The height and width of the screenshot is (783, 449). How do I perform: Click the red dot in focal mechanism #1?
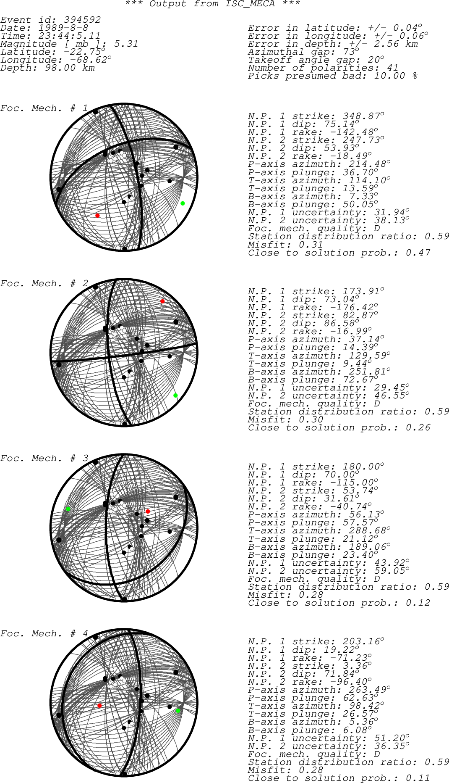97,215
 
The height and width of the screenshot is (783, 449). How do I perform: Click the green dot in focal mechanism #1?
183,203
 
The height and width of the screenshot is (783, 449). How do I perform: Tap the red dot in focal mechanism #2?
162,301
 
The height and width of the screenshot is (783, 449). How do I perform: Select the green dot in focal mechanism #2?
175,395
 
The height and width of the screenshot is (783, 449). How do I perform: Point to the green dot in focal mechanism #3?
68,509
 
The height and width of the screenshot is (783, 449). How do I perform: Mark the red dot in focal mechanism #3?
148,511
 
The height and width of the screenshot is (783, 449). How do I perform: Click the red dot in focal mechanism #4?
99,706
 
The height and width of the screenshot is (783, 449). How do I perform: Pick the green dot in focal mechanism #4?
178,711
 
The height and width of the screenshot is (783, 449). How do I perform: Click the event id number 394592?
82,20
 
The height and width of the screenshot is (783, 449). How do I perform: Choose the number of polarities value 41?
392,68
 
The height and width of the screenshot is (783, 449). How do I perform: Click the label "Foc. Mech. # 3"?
44,459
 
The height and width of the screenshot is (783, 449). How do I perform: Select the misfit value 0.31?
311,245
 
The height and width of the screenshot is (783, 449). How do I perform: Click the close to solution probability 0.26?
418,427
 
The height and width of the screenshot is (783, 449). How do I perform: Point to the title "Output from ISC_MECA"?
213,4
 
